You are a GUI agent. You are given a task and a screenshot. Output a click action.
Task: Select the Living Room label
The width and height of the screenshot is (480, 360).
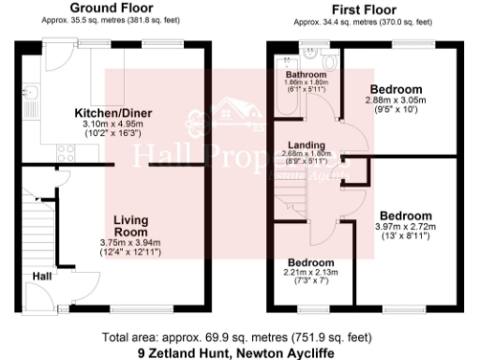point(131,226)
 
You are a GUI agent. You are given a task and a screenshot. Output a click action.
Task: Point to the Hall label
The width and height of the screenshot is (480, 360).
point(43,277)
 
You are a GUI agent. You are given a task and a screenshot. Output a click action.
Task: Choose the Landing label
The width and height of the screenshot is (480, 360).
point(306,146)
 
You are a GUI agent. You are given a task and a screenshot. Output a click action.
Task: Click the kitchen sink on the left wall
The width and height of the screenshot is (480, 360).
point(29,93)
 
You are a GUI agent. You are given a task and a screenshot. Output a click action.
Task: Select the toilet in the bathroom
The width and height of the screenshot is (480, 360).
point(307,53)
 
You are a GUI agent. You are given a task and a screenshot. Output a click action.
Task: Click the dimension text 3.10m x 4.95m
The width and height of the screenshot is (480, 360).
point(113,124)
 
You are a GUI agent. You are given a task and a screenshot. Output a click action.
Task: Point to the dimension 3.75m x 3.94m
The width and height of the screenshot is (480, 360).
point(131,242)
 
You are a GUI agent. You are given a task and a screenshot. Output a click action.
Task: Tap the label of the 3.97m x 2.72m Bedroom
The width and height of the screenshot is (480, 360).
point(405,215)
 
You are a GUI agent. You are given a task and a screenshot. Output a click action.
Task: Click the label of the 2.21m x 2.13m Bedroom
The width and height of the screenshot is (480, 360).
point(310,262)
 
